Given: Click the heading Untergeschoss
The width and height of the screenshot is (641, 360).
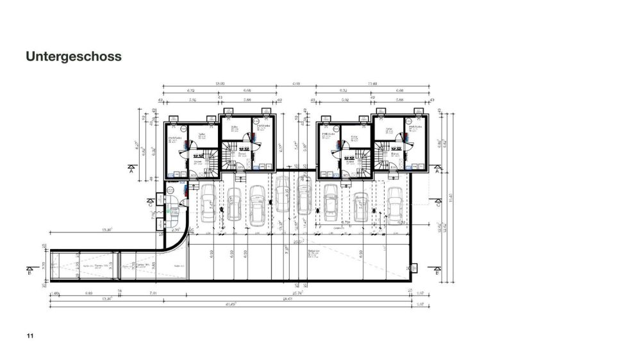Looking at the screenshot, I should pyautogui.click(x=74, y=56).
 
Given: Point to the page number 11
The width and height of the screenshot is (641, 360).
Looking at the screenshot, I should pyautogui.click(x=29, y=336).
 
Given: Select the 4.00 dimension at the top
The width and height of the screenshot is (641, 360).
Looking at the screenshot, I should pyautogui.click(x=296, y=84).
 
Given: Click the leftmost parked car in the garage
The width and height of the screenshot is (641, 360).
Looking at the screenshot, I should pyautogui.click(x=207, y=204).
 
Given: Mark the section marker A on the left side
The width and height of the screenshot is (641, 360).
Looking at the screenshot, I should pyautogui.click(x=131, y=170).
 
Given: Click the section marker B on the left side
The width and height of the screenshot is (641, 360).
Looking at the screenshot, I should pyautogui.click(x=31, y=270).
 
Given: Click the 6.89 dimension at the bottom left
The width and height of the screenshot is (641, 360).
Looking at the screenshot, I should pyautogui.click(x=88, y=293).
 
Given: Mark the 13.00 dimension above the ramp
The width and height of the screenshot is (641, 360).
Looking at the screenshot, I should pyautogui.click(x=108, y=229).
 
